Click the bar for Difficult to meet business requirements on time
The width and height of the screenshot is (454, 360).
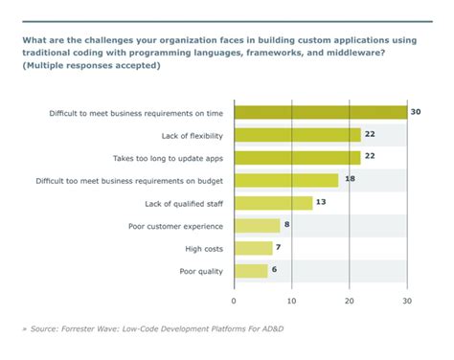tap(321, 113)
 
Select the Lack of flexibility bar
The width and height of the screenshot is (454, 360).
tap(298, 135)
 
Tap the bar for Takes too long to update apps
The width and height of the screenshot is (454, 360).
tap(298, 157)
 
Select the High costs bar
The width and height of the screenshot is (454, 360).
tap(254, 248)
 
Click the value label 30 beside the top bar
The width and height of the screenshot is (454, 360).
tap(417, 113)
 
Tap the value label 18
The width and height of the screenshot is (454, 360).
tap(352, 180)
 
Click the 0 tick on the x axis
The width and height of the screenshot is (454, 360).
tap(235, 301)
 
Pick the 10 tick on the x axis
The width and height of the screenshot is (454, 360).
tap(292, 301)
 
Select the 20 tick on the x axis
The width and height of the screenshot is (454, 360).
tap(350, 301)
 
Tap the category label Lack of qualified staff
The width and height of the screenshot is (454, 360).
tap(177, 202)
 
